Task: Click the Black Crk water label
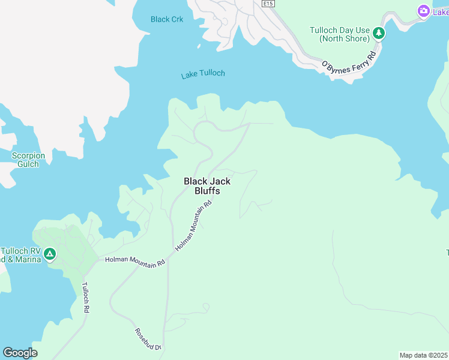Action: (x=167, y=19)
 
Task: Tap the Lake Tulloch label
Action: (x=203, y=74)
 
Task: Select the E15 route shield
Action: (x=268, y=4)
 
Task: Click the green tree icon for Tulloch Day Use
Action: (x=378, y=33)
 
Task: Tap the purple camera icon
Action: (x=424, y=11)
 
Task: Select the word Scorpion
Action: (x=28, y=156)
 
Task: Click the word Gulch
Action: (x=28, y=164)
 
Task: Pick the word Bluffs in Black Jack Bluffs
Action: (x=206, y=191)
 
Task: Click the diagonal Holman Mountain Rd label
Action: (x=194, y=226)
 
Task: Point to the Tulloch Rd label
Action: (x=85, y=298)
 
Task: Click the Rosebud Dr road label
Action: (x=148, y=340)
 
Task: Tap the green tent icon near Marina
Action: (x=50, y=254)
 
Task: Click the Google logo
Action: (x=20, y=353)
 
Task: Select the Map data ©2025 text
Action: (x=424, y=355)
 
